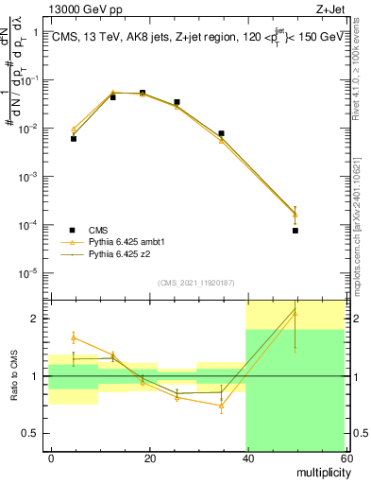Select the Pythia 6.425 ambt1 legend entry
pyautogui.click(x=128, y=243)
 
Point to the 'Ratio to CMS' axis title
pyautogui.click(x=15, y=375)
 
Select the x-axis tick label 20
pyautogui.click(x=149, y=458)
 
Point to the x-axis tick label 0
pyautogui.click(x=51, y=458)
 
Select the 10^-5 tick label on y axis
pyautogui.click(x=29, y=273)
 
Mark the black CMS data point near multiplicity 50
pyautogui.click(x=295, y=231)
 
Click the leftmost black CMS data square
pyautogui.click(x=74, y=138)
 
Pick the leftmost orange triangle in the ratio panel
pyautogui.click(x=74, y=337)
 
